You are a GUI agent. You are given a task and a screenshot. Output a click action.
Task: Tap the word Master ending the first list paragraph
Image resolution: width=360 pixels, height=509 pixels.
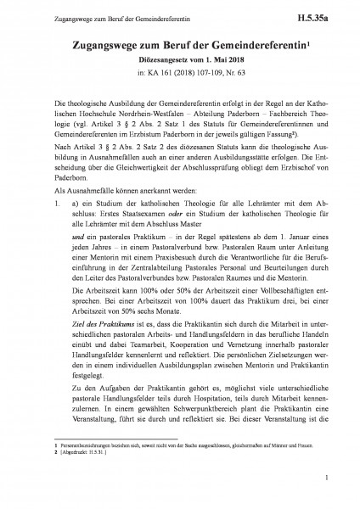[208, 252]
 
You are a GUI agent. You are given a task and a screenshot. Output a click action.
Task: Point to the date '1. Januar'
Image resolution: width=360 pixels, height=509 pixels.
[284, 268]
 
